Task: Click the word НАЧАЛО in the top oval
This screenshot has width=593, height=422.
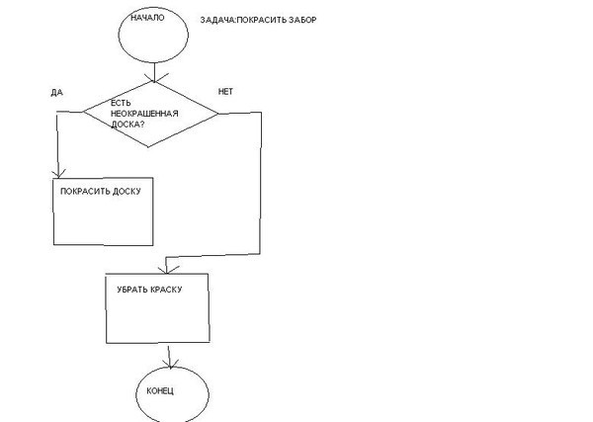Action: [x=147, y=18]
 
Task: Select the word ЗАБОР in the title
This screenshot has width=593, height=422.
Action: [x=302, y=20]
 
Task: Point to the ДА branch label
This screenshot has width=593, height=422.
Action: [x=56, y=93]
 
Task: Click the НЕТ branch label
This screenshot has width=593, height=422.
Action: [x=225, y=92]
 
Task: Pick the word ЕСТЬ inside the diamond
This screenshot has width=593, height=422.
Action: [x=121, y=103]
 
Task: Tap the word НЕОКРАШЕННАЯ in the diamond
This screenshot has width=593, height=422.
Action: [x=144, y=114]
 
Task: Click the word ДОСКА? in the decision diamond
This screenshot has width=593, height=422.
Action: [x=127, y=124]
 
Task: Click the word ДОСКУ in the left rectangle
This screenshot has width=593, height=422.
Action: [x=127, y=192]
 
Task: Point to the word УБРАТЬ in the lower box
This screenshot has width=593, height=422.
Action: [x=132, y=290]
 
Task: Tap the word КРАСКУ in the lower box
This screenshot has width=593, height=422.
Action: [x=166, y=290]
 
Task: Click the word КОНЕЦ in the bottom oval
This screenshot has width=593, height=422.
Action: [x=160, y=390]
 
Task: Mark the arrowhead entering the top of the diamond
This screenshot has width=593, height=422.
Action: [x=154, y=78]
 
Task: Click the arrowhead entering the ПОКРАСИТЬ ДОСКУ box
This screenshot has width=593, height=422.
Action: [x=58, y=174]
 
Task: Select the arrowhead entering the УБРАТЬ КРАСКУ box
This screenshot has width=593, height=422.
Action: [x=166, y=270]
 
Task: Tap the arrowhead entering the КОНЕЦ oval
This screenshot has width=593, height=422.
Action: [x=170, y=363]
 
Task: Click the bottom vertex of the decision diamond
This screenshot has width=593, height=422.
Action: [x=148, y=146]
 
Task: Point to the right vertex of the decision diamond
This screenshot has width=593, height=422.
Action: [x=218, y=113]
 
